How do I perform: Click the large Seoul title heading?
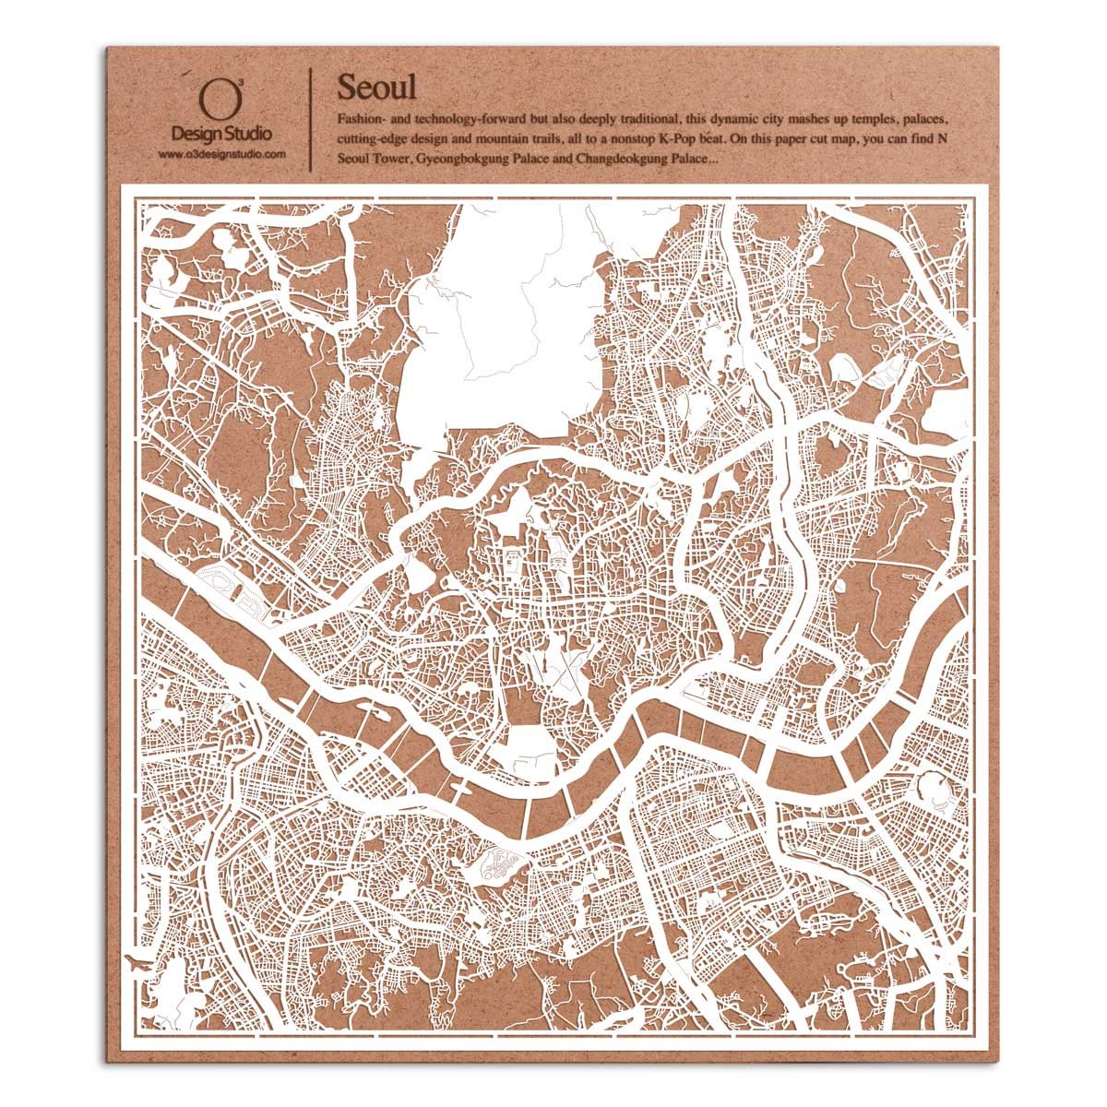point(376,89)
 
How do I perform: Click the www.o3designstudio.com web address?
point(221,153)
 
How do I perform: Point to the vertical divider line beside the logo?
point(310,118)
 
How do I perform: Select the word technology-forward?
point(471,121)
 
